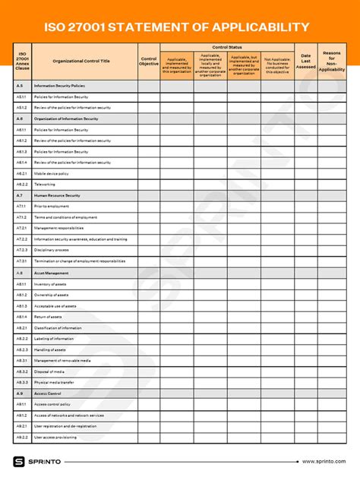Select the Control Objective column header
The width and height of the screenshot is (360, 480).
[149, 61]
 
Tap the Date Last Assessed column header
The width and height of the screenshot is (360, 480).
[305, 61]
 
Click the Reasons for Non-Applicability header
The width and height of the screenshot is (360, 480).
[331, 61]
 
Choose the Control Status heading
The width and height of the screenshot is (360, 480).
[226, 47]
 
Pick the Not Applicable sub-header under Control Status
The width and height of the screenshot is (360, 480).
[277, 65]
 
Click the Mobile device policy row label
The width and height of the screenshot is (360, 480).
[52, 173]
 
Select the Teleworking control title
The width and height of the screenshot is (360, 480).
[45, 185]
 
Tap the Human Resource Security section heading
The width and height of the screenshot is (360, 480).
[57, 195]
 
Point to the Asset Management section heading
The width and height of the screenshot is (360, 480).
[51, 272]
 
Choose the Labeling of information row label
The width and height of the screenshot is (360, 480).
[54, 338]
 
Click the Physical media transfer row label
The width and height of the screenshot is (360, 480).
[55, 382]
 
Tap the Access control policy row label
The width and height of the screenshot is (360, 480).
[52, 404]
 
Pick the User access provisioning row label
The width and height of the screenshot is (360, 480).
[55, 437]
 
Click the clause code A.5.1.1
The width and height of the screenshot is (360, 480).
[21, 97]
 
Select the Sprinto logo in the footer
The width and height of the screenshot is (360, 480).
[37, 461]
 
